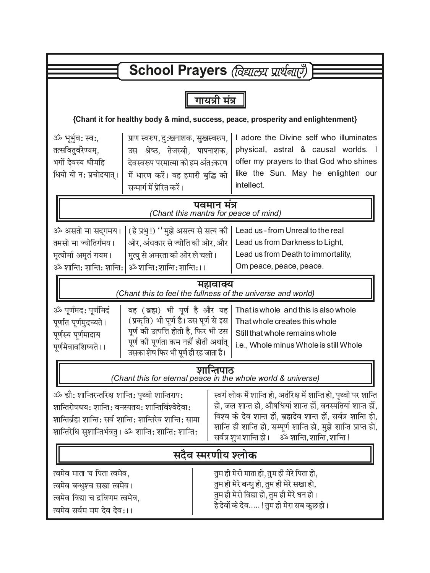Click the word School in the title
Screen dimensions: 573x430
coord(149,71)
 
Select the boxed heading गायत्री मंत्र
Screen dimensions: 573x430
coord(215,100)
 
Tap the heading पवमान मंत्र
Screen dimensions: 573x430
coord(215,205)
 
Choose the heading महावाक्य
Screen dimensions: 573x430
coord(215,285)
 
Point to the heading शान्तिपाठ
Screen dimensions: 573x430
coord(215,370)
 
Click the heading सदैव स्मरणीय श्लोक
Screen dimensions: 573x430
coord(215,455)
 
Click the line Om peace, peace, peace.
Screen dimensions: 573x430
coord(279,266)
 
